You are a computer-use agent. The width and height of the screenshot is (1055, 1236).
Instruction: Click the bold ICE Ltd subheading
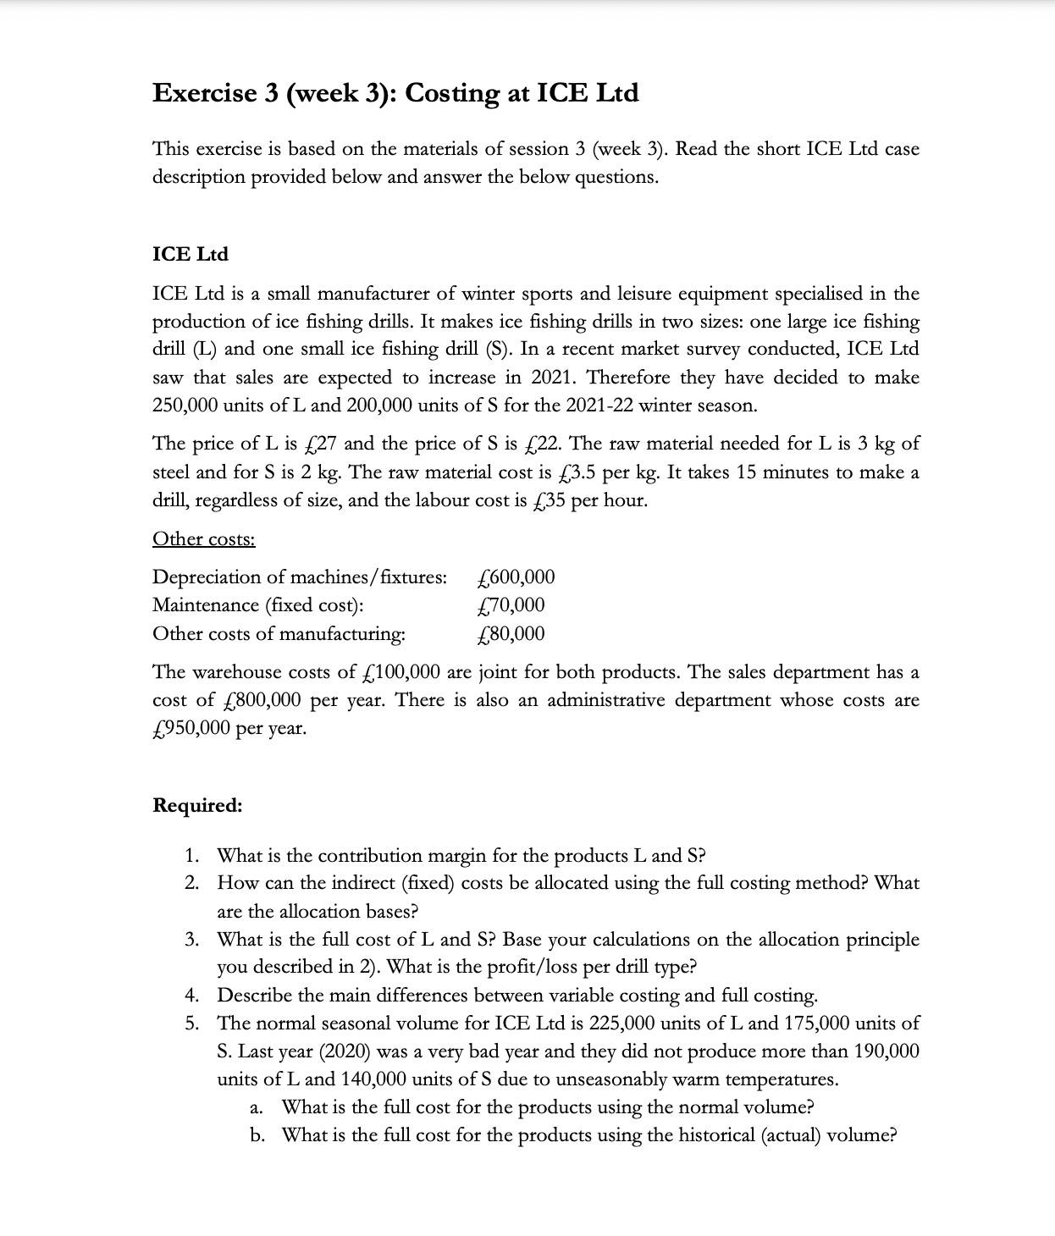pyautogui.click(x=190, y=254)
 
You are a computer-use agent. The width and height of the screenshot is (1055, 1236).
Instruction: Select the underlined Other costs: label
pyautogui.click(x=203, y=539)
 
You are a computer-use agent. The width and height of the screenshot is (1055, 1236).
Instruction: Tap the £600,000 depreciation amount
pyautogui.click(x=516, y=577)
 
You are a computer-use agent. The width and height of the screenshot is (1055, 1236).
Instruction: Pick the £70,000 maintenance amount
pyautogui.click(x=511, y=605)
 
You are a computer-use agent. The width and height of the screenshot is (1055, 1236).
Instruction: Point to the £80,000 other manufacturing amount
pyautogui.click(x=511, y=634)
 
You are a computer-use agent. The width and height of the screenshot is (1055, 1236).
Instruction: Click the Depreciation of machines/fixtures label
pyautogui.click(x=299, y=577)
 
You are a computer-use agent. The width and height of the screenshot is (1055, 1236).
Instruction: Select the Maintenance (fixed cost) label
pyautogui.click(x=258, y=605)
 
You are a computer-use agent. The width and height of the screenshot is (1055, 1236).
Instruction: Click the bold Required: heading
pyautogui.click(x=197, y=805)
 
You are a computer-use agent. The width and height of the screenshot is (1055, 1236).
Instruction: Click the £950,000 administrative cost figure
pyautogui.click(x=191, y=728)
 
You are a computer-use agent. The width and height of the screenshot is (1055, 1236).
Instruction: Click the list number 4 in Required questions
pyautogui.click(x=192, y=995)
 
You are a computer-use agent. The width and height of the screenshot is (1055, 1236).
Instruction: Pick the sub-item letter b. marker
pyautogui.click(x=257, y=1135)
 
